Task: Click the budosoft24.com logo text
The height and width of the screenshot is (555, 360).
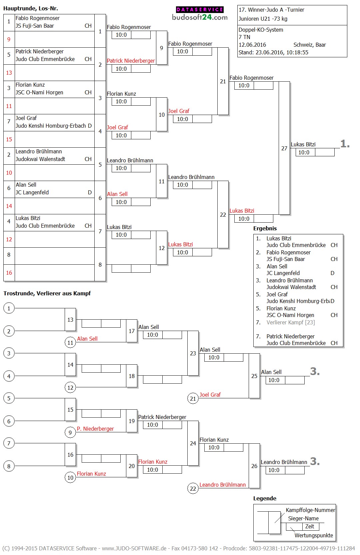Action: pos(200,17)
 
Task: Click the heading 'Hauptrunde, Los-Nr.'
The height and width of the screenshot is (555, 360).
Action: pos(31,8)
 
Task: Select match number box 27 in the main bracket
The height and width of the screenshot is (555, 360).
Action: pos(284,148)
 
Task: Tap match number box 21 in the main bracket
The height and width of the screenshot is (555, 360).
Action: pos(223,81)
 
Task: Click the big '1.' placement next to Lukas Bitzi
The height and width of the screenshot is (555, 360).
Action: pos(345,144)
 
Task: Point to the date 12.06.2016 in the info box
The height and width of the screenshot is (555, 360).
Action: pos(252,45)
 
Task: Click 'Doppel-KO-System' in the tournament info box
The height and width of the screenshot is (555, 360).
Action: pos(261,30)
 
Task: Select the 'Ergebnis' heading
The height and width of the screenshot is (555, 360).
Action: pos(265,228)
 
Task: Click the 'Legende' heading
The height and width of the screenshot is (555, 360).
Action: pos(265,498)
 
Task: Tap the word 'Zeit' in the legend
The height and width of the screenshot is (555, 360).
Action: pos(310,526)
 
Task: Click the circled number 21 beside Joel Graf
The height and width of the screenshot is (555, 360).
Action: pos(193,398)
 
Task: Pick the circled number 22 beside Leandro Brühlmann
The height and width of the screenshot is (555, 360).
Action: pos(193,488)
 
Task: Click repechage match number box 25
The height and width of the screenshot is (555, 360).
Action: pos(254,376)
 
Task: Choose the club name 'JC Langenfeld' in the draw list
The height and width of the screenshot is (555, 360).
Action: pos(32,192)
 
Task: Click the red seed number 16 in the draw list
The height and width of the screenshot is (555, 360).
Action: pos(9,273)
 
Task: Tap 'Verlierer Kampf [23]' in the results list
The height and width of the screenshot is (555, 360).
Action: pos(290,322)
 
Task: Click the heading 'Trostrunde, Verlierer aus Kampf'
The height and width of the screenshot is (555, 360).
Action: pos(47,293)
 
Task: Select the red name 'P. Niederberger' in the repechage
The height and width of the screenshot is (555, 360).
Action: pos(95,429)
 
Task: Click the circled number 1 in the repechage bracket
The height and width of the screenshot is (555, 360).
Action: pos(9,308)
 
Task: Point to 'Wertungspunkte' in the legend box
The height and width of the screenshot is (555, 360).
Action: pos(314,535)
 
